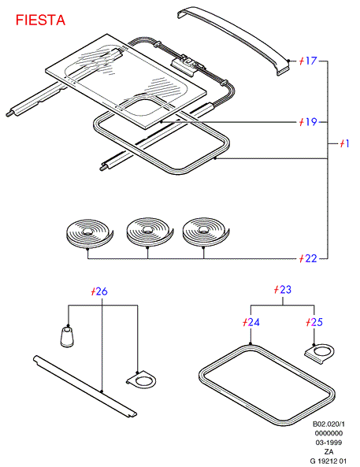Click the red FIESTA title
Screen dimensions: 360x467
40,20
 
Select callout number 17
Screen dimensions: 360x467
308,61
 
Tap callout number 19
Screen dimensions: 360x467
308,122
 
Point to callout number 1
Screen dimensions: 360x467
344,143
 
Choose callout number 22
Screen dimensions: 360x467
308,258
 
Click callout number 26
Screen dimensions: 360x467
99,291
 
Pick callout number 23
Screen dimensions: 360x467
283,290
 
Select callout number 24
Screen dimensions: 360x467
251,322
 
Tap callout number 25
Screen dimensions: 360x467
314,322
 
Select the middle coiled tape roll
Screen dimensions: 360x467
150,232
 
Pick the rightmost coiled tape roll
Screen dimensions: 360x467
206,232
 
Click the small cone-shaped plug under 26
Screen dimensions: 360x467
67,336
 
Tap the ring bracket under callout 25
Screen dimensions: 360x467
320,353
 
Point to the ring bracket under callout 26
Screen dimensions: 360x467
142,380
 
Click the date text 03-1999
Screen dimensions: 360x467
328,443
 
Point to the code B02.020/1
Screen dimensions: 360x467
328,424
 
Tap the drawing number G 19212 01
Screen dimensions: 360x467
328,461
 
